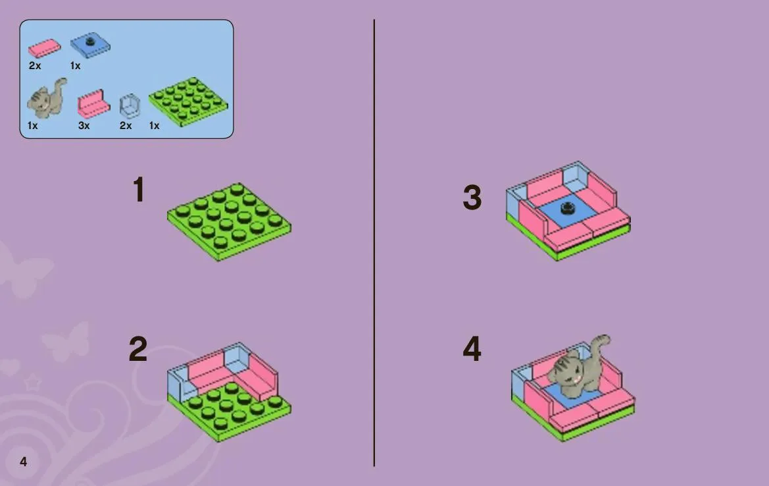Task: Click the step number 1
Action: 139,190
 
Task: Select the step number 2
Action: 137,349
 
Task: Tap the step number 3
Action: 472,198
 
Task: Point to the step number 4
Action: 472,349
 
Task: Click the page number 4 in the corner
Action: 23,462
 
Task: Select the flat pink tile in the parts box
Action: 45,48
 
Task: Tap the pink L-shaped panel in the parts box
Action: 91,103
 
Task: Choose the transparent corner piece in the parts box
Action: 130,106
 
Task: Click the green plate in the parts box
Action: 188,101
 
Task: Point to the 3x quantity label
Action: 84,126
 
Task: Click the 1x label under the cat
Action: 32,126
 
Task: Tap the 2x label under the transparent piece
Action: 126,126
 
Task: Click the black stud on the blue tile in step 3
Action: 568,208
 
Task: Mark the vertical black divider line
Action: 374,243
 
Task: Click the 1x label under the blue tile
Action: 75,66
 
